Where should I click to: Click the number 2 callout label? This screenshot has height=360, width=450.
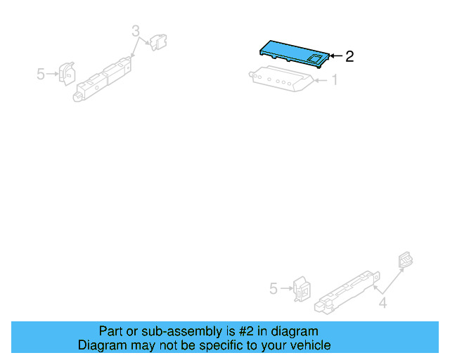pos(349,56)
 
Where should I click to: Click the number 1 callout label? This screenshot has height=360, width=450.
pos(335,81)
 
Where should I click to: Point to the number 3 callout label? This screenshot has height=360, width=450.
pos(136,31)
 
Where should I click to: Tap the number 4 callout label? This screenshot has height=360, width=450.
pos(383,304)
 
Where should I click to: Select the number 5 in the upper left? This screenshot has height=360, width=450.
pos(41,73)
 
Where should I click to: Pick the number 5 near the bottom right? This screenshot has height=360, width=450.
pos(274,288)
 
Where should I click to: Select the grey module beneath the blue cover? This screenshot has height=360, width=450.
pos(281,79)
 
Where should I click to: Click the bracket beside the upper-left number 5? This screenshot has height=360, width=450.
pos(67,72)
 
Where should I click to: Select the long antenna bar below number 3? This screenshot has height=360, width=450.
pos(104,79)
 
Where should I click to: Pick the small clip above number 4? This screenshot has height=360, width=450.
pos(405,260)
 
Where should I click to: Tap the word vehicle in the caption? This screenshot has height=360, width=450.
pos(309,345)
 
